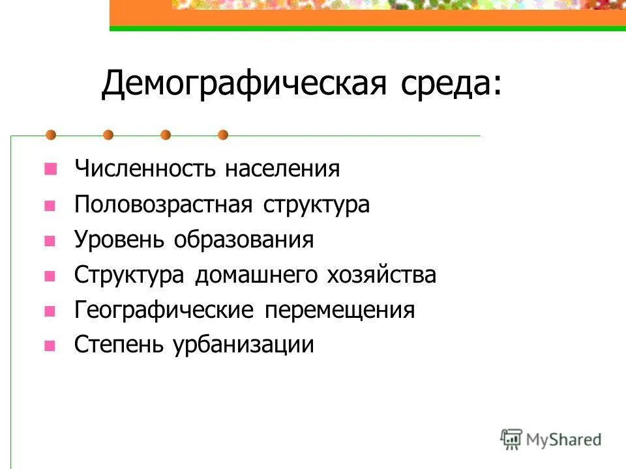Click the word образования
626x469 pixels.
pyautogui.click(x=243, y=240)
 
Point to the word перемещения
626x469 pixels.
pyautogui.click(x=339, y=310)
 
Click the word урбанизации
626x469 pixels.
pyautogui.click(x=243, y=345)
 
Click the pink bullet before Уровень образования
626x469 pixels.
pyautogui.click(x=49, y=240)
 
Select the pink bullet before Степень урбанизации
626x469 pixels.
pyautogui.click(x=49, y=346)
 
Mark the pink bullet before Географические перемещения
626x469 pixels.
pyautogui.click(x=49, y=311)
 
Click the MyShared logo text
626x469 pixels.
pyautogui.click(x=564, y=440)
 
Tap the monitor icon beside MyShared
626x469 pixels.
pyautogui.click(x=511, y=438)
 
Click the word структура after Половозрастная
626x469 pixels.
pyautogui.click(x=317, y=205)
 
